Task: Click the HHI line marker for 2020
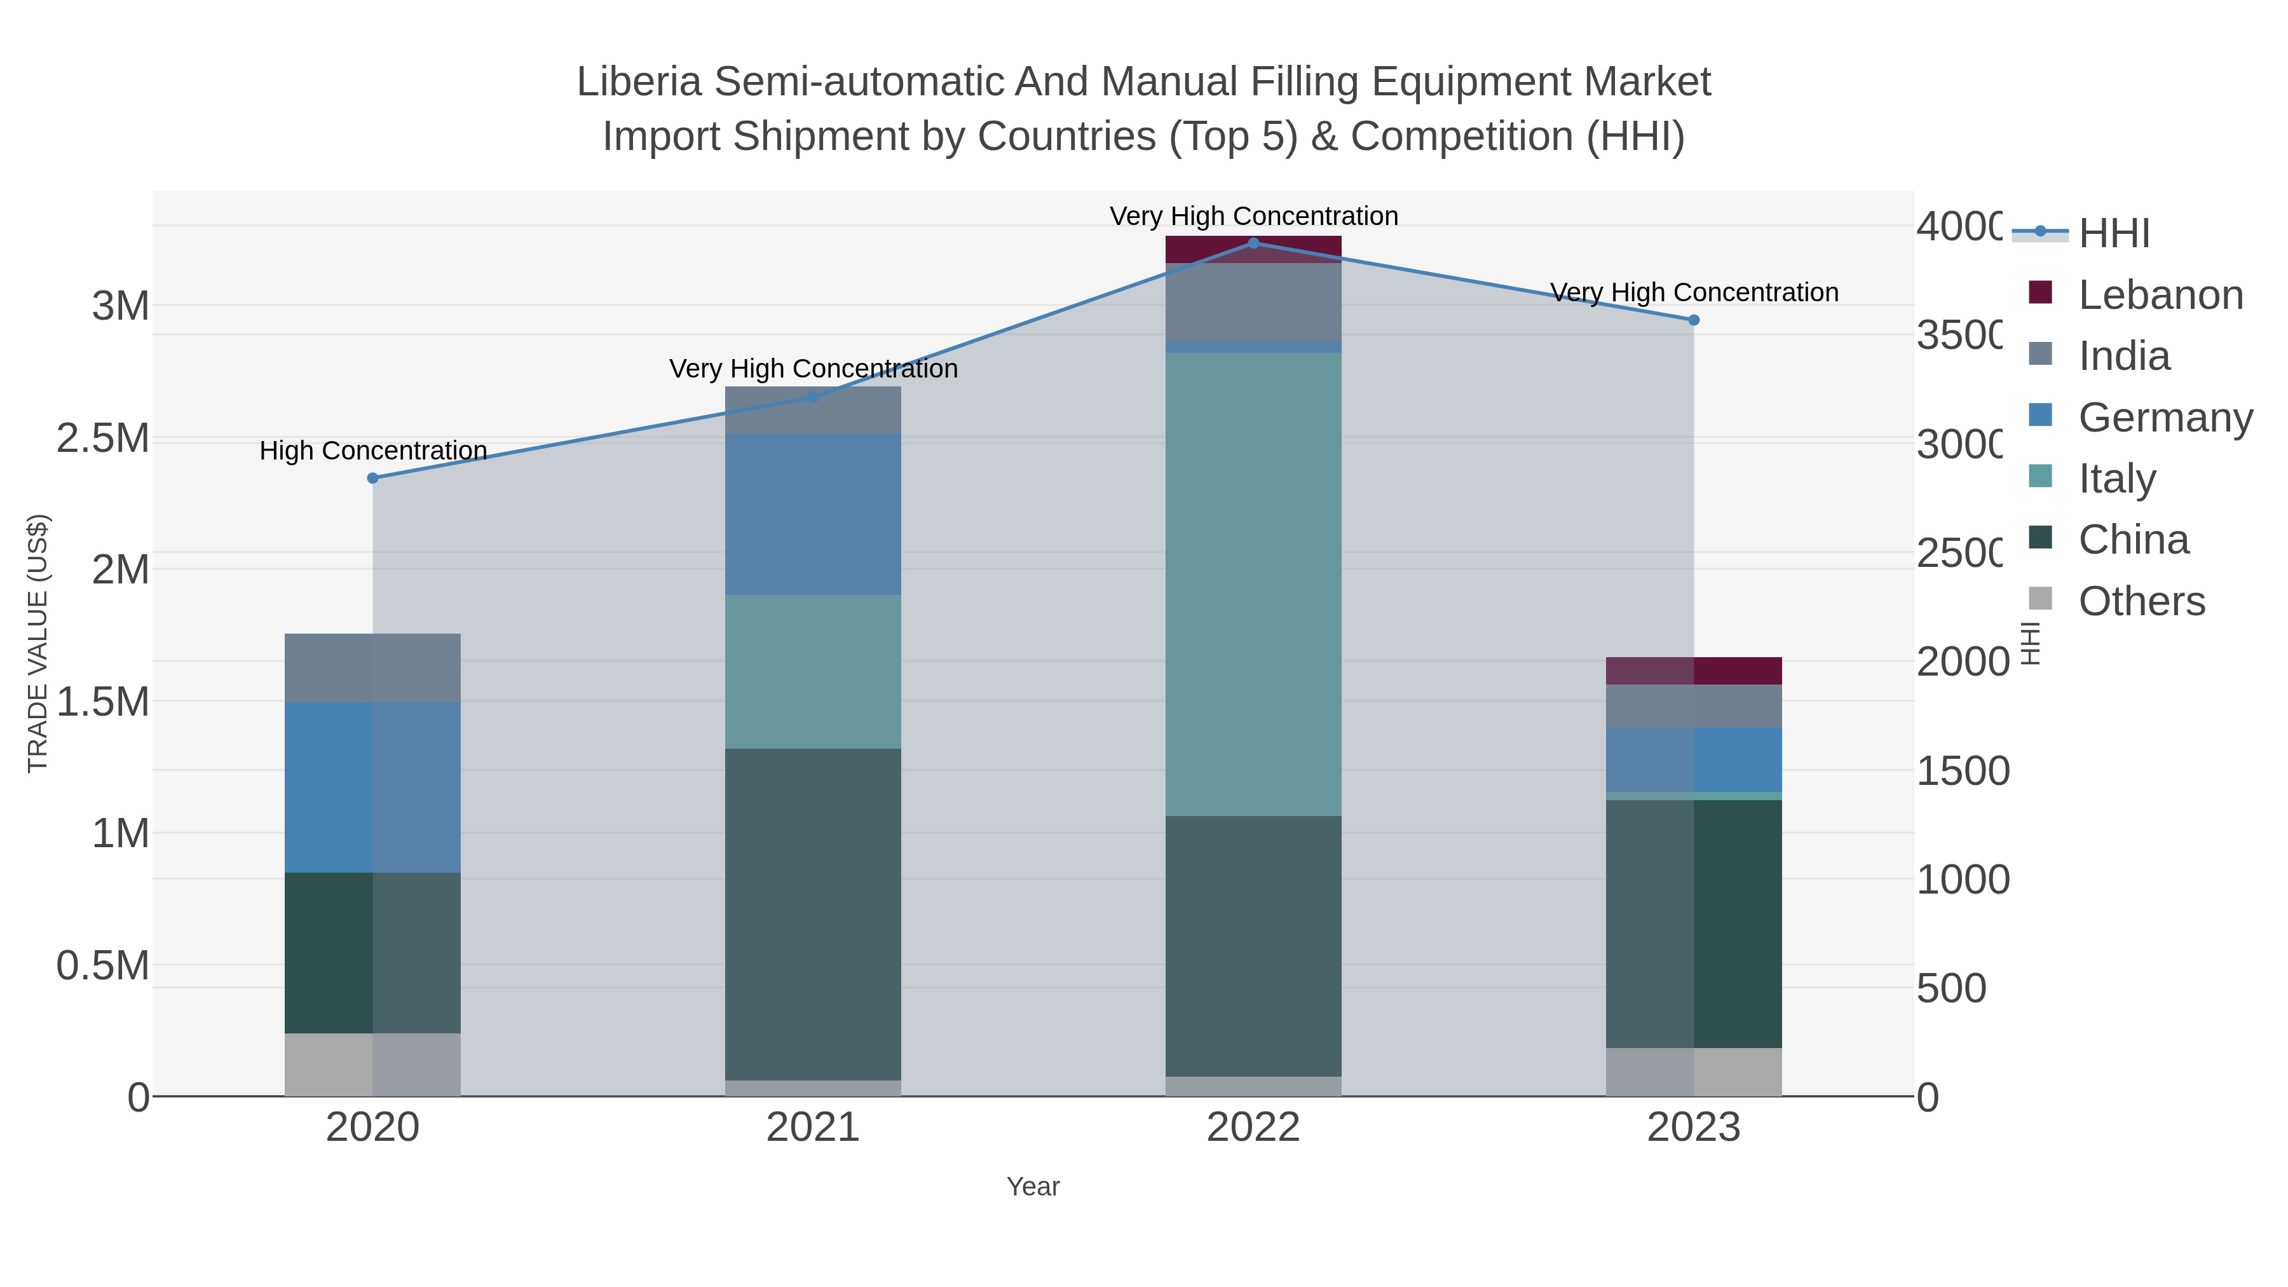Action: (x=373, y=478)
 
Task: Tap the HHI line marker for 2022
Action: (x=1253, y=243)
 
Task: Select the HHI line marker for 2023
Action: (x=1693, y=320)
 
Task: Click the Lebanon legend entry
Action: (x=2160, y=295)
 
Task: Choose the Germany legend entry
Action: (x=2165, y=418)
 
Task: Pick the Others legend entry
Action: (x=2141, y=601)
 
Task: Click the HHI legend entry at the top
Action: (x=2114, y=234)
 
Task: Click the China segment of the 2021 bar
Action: (x=813, y=915)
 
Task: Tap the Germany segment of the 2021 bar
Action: (x=813, y=514)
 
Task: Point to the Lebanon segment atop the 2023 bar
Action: (x=1693, y=671)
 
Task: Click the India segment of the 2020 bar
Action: (x=373, y=667)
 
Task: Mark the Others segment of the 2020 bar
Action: (x=373, y=1064)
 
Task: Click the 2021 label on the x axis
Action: (x=813, y=1127)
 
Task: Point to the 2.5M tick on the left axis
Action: (x=103, y=438)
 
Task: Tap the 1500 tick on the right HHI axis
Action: (x=1962, y=770)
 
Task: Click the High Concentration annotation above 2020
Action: (x=373, y=451)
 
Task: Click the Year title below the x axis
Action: (x=1033, y=1187)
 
